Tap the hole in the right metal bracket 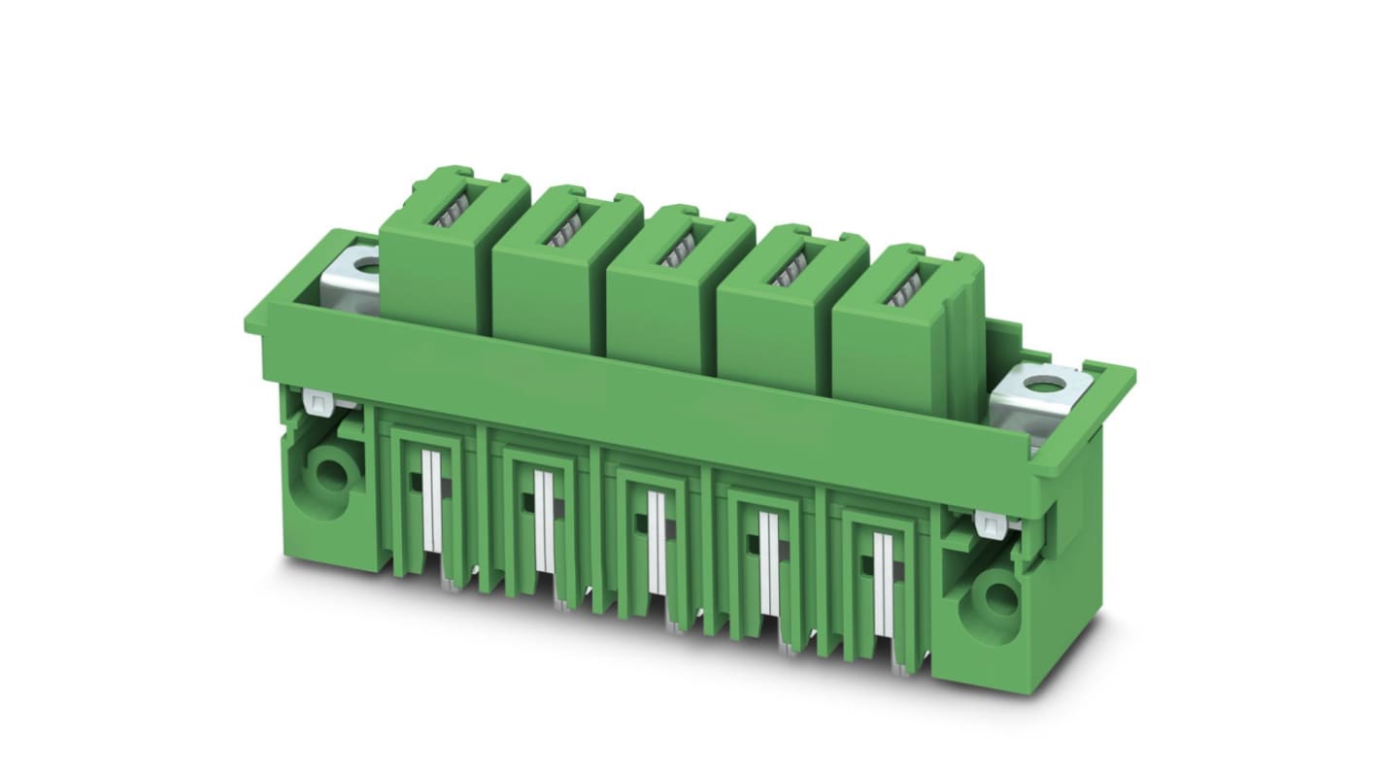[1044, 384]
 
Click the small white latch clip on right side [992, 524]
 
